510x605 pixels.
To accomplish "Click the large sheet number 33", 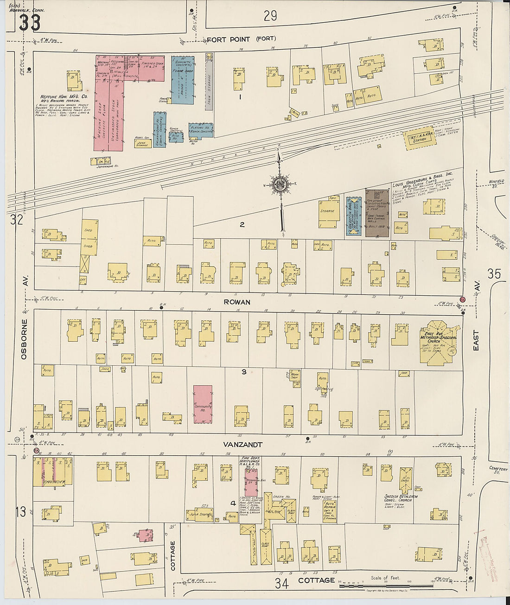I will tap(29, 22).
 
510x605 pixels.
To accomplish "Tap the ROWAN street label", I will tap(237, 302).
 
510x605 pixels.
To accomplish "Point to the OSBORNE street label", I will tap(24, 338).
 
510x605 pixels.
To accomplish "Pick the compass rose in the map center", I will tap(280, 184).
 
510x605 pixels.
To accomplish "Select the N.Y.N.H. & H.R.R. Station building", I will tap(420, 138).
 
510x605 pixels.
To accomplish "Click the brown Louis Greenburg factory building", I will tap(377, 212).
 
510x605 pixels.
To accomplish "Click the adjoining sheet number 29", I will tap(270, 16).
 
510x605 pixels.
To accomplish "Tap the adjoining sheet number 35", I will tap(494, 274).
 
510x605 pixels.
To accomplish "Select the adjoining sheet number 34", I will tap(281, 583).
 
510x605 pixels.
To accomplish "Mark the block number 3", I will tap(243, 371).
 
